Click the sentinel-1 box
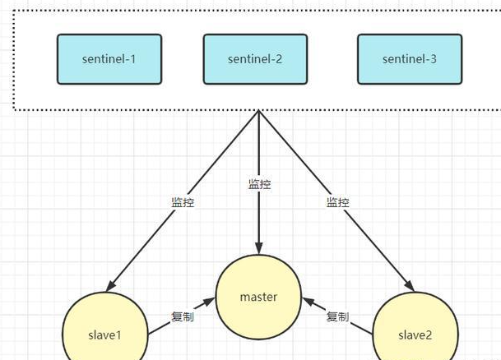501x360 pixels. pyautogui.click(x=109, y=59)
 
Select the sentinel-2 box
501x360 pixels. pyautogui.click(x=255, y=59)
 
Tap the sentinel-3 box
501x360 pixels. pyautogui.click(x=410, y=59)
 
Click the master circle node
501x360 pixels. pyautogui.click(x=258, y=298)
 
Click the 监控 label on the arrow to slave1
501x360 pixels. pyautogui.click(x=183, y=202)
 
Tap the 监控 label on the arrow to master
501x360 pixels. pyautogui.click(x=259, y=184)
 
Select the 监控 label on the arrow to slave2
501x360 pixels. pyautogui.click(x=338, y=202)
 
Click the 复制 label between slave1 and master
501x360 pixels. pyautogui.click(x=183, y=316)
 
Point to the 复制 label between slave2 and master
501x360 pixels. pyautogui.click(x=338, y=316)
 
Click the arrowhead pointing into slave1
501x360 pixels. pyautogui.click(x=110, y=285)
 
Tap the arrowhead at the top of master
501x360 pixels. pyautogui.click(x=259, y=248)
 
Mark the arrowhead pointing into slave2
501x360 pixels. pyautogui.click(x=410, y=285)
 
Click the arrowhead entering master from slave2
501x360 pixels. pyautogui.click(x=308, y=302)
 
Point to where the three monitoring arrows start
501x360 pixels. pyautogui.click(x=258, y=110)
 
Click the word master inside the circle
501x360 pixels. pyautogui.click(x=258, y=298)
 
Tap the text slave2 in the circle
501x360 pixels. pyautogui.click(x=415, y=335)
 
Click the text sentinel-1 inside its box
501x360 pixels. pyautogui.click(x=109, y=59)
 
